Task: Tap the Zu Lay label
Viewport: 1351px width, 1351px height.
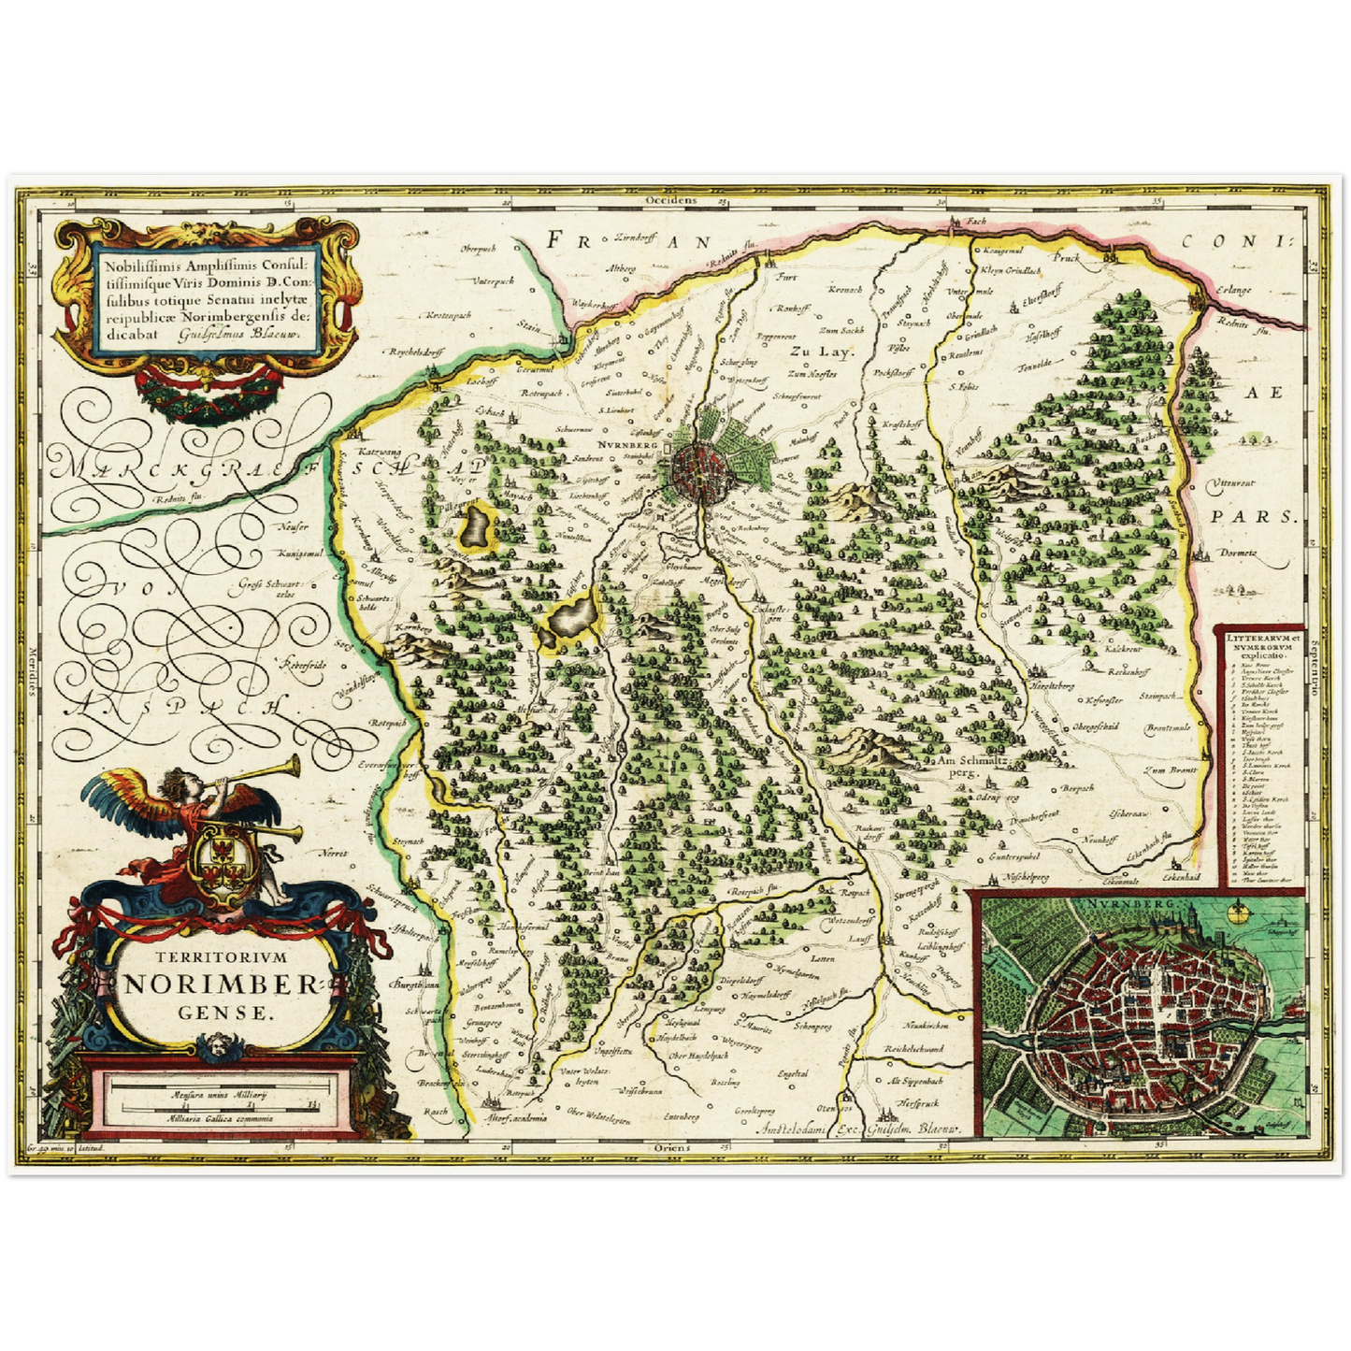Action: click(x=810, y=352)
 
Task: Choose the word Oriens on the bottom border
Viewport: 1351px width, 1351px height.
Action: click(x=673, y=1147)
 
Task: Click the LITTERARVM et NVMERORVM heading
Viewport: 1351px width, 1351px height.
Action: click(x=1259, y=640)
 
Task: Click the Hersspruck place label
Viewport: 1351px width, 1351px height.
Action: click(x=916, y=1104)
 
